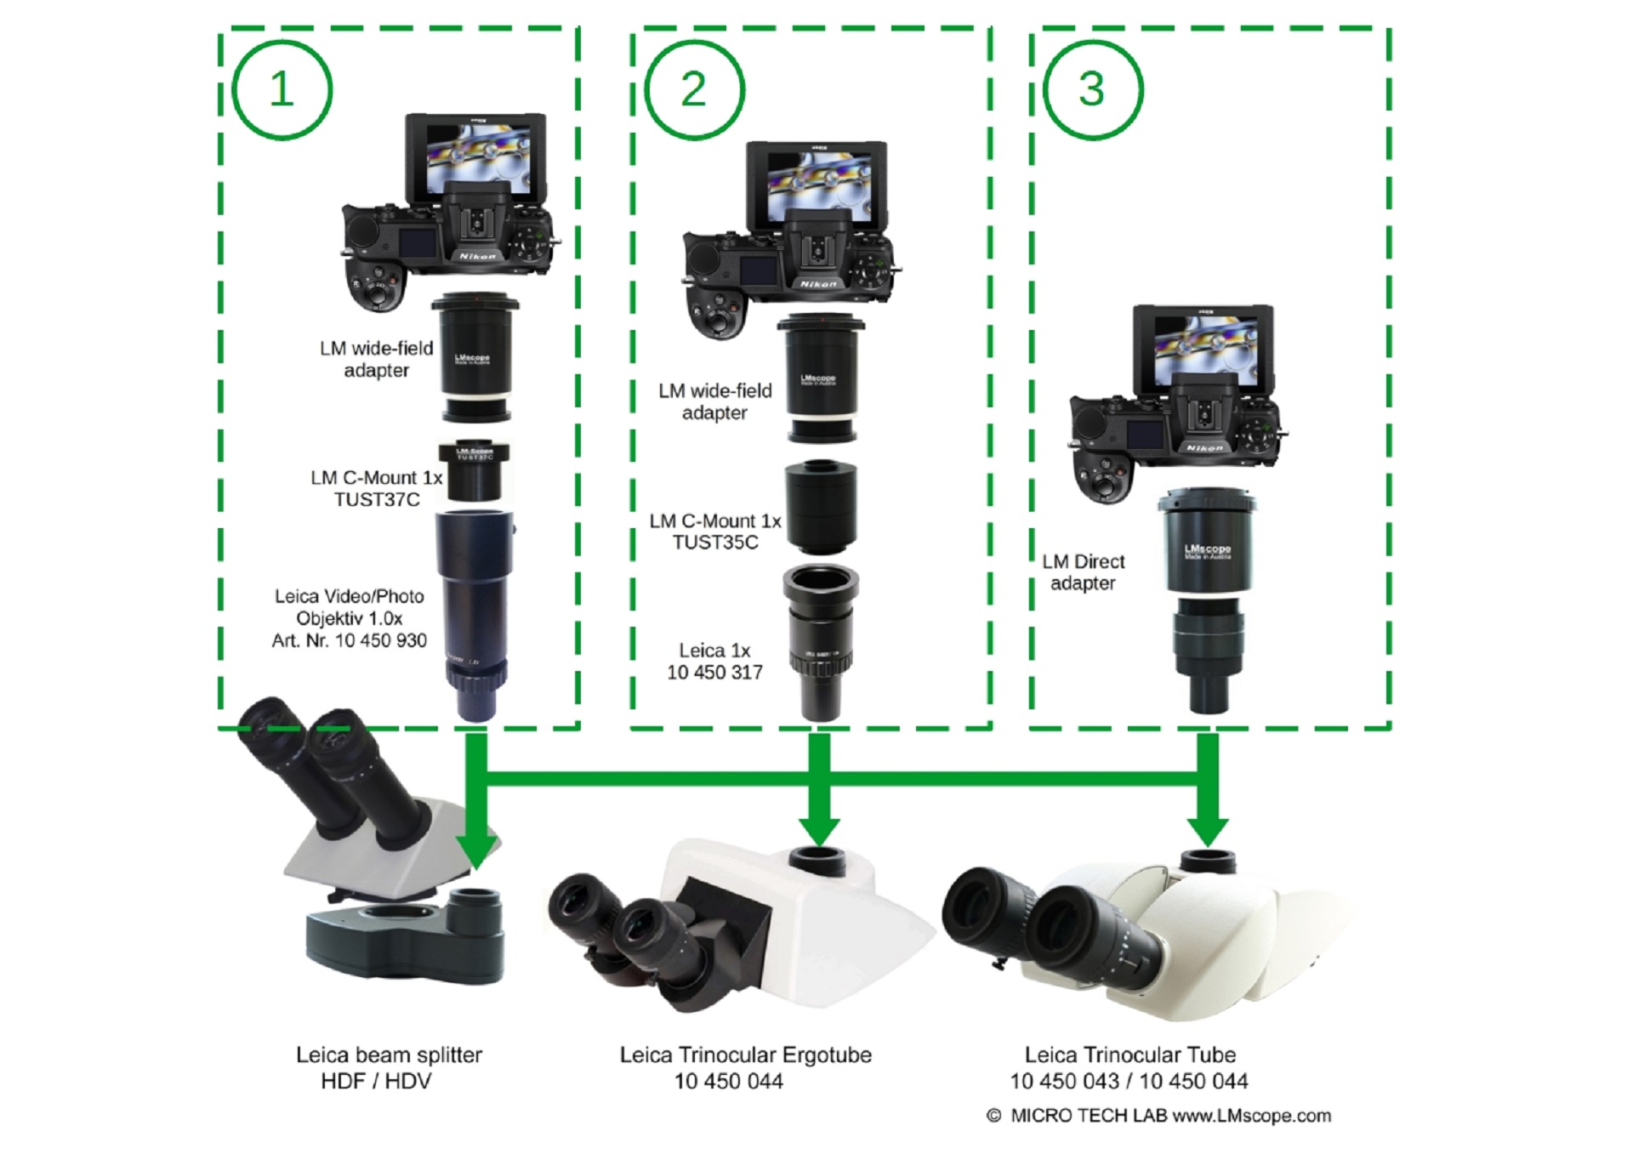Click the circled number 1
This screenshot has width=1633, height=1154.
[282, 89]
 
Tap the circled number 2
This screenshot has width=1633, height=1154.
[694, 89]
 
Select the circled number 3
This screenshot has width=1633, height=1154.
[1092, 89]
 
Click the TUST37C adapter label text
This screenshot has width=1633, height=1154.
[376, 489]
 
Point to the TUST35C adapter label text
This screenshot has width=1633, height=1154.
[714, 532]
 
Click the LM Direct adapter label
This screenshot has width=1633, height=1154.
[1083, 572]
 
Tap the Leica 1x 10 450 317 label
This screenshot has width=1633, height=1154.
[714, 662]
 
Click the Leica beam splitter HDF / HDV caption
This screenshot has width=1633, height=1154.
[389, 1068]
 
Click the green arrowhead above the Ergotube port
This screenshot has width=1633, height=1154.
[819, 829]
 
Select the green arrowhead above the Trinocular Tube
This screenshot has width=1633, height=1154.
[1208, 829]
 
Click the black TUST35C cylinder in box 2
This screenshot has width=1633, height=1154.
[821, 508]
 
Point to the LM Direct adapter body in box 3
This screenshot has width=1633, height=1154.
[1206, 544]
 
